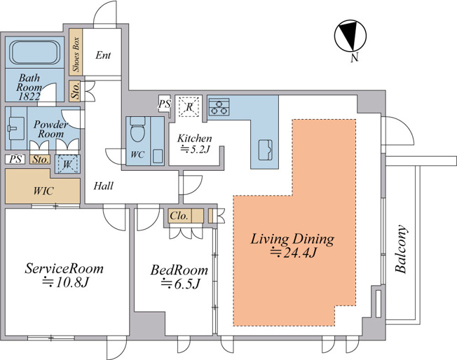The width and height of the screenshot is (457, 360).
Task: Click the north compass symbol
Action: pyautogui.click(x=350, y=36)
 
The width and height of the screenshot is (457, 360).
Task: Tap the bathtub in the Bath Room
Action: pyautogui.click(x=34, y=53)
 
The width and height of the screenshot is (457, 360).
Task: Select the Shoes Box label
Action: pyautogui.click(x=76, y=55)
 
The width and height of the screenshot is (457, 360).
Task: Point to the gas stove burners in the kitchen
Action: pyautogui.click(x=219, y=107)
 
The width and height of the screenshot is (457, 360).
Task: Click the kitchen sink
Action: pyautogui.click(x=265, y=150)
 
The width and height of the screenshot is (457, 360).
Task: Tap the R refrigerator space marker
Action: pyautogui.click(x=189, y=106)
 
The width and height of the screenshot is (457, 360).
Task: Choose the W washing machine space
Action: pyautogui.click(x=67, y=165)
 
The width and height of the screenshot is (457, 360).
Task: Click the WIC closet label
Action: pyautogui.click(x=43, y=191)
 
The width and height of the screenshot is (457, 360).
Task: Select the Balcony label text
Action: pyautogui.click(x=402, y=249)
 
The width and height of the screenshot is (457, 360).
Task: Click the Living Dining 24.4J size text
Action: pyautogui.click(x=292, y=254)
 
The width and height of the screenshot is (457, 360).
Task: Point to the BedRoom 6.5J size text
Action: pyautogui.click(x=180, y=284)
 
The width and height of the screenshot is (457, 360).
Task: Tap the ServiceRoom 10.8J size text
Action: pyautogui.click(x=65, y=282)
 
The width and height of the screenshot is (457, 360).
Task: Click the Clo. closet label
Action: pyautogui.click(x=179, y=216)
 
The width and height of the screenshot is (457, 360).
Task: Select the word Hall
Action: pyautogui.click(x=104, y=186)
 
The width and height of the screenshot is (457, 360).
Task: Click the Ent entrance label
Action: pyautogui.click(x=103, y=55)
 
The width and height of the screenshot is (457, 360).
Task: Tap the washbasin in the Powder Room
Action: pyautogui.click(x=16, y=128)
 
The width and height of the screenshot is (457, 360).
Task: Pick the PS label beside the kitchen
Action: pyautogui.click(x=165, y=104)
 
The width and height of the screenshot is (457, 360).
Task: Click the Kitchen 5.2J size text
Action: pyautogui.click(x=196, y=149)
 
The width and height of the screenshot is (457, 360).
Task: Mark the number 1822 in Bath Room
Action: pyautogui.click(x=29, y=97)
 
